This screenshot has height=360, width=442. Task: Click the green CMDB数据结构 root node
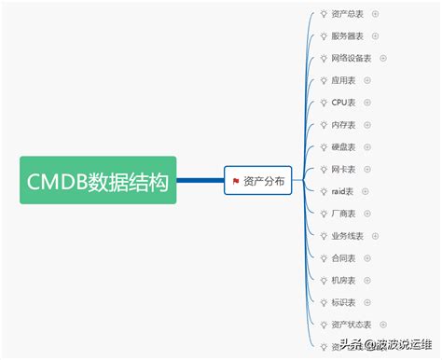tap(98, 180)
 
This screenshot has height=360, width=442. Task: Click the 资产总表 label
tap(348, 14)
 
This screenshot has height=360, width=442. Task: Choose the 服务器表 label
tap(348, 36)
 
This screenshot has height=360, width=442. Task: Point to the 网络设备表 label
tap(352, 58)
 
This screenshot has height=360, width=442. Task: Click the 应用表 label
tap(344, 80)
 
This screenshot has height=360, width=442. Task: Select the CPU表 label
tap(344, 103)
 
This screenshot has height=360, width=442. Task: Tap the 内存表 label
tap(344, 125)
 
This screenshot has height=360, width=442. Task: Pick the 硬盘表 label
tap(344, 147)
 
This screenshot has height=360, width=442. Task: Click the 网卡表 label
tap(344, 170)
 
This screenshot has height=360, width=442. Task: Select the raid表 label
tap(344, 191)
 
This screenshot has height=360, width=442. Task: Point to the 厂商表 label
tap(344, 214)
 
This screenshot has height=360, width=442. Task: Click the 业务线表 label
tap(348, 236)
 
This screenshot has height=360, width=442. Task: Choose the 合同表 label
tap(344, 258)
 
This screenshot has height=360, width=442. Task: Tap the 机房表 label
tap(344, 281)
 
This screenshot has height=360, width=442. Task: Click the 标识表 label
tap(344, 302)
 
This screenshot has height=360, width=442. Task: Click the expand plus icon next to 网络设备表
tap(382, 58)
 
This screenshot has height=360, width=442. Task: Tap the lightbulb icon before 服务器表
tap(323, 36)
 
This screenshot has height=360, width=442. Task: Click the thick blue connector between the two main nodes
tap(200, 180)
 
